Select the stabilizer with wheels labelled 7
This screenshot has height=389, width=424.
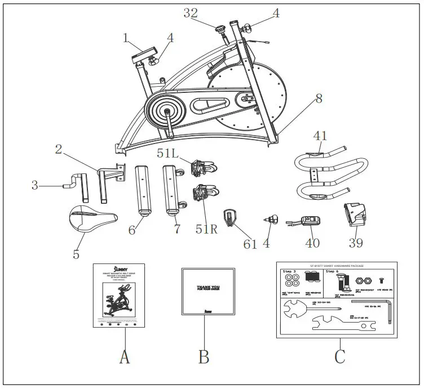tap(173, 190)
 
